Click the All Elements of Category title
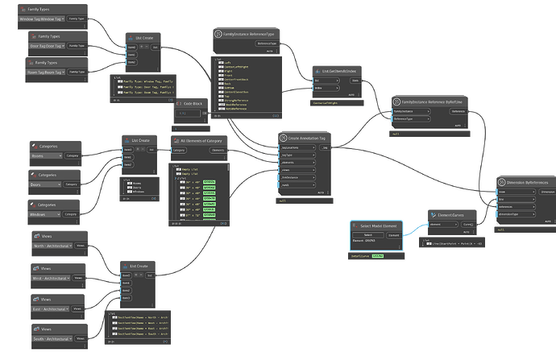(x=201, y=140)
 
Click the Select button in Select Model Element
(x=367, y=234)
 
